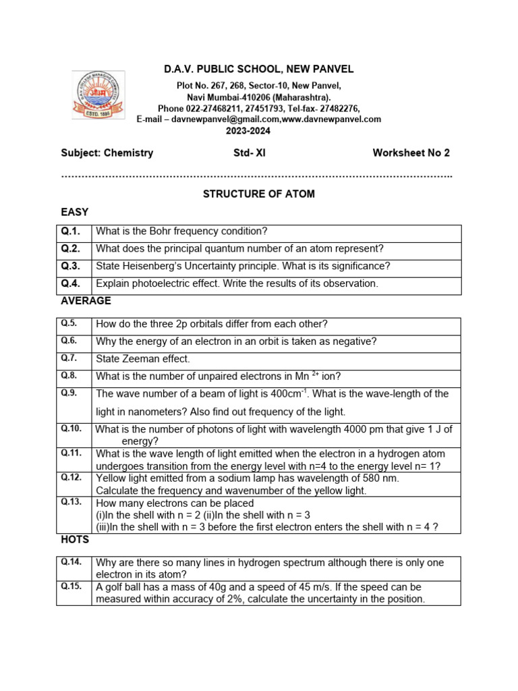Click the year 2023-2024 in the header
(258, 130)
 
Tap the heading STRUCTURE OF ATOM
(259, 194)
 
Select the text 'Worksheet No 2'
(411, 153)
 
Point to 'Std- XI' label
(250, 153)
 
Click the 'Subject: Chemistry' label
(107, 153)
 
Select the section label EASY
(74, 212)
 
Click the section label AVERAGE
(86, 301)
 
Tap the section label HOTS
(75, 540)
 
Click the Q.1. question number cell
(71, 231)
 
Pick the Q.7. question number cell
(69, 358)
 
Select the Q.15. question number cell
(71, 586)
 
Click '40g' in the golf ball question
(212, 587)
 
